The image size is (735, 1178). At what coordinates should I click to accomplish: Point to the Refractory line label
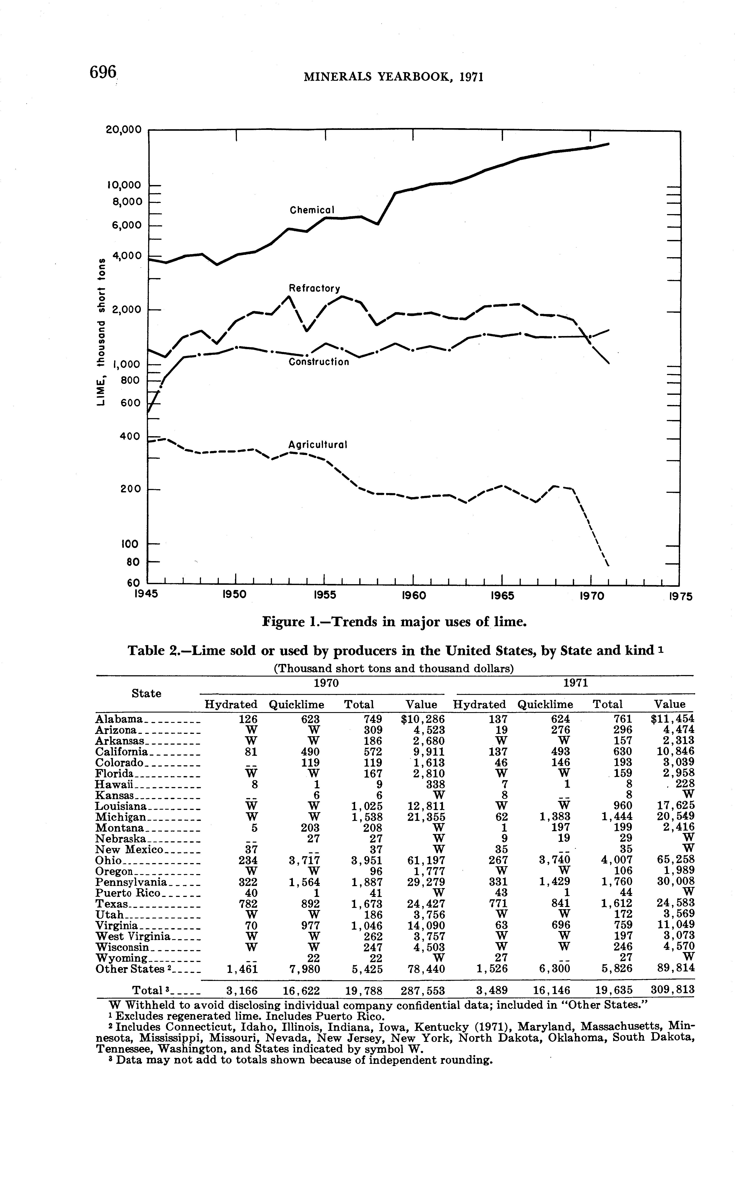(314, 288)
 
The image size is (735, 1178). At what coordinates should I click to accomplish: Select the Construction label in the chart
(319, 362)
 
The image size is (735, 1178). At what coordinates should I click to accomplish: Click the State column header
(146, 693)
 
